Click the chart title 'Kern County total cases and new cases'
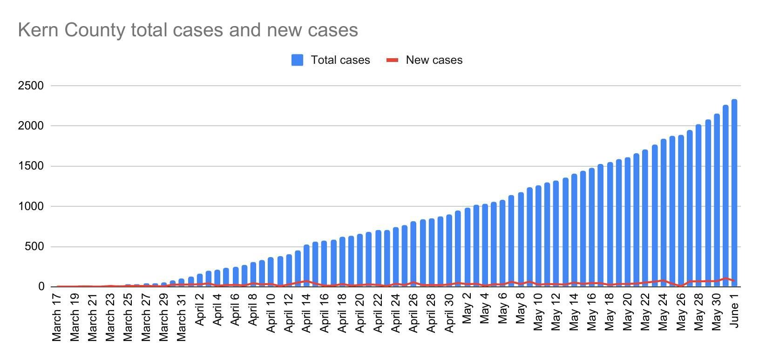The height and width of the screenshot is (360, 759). coord(188,30)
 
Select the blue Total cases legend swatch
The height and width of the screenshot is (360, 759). coord(297,60)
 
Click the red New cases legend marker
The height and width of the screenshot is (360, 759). coord(393,60)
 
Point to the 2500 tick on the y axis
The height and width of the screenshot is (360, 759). coord(31,86)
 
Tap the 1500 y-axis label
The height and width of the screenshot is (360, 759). coord(31,166)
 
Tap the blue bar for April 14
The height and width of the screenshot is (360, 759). coord(306,265)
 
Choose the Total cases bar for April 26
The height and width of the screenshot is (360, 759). coord(413,254)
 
